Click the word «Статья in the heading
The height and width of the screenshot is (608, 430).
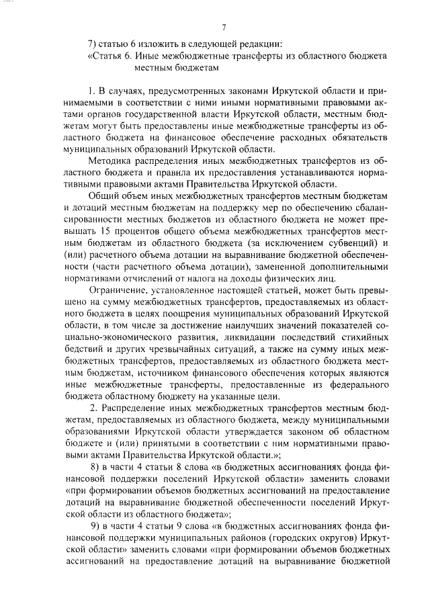pos(103,57)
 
